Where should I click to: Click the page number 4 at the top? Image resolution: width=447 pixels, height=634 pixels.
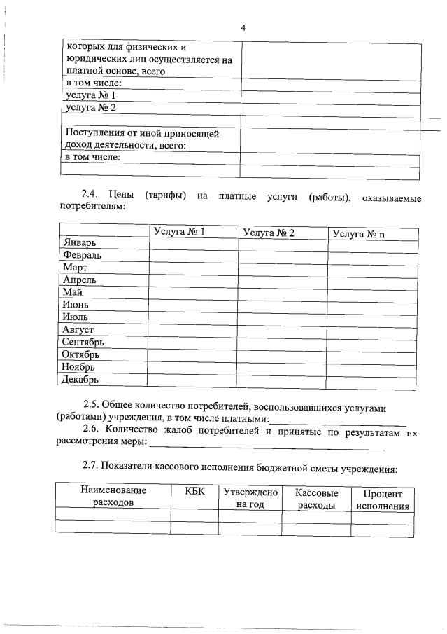243,28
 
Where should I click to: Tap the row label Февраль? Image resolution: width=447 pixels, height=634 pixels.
82,255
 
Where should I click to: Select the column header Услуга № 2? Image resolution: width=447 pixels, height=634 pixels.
269,233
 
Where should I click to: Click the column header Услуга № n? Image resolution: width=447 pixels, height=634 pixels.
359,234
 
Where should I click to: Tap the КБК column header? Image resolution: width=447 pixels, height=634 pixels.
195,492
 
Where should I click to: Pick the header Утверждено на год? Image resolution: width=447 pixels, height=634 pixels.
250,498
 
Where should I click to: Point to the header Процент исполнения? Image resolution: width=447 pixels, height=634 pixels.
382,500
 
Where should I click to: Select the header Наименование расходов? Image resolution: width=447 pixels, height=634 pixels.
113,497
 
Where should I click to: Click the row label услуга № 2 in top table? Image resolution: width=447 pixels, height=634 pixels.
90,107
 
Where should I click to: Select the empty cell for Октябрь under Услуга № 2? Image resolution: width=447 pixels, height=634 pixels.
283,355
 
